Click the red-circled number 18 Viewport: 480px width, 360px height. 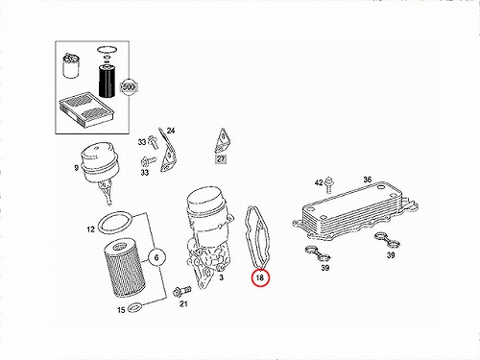click(x=260, y=277)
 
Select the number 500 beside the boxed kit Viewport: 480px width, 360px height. click(x=129, y=87)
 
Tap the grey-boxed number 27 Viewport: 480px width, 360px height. click(x=221, y=158)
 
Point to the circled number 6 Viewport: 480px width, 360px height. click(x=156, y=257)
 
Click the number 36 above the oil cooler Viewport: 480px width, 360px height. click(x=368, y=180)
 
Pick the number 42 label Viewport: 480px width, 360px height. click(x=319, y=182)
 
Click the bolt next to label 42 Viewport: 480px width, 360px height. click(x=328, y=185)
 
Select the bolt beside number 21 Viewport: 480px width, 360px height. click(x=181, y=291)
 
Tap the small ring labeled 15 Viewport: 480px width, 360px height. click(x=134, y=307)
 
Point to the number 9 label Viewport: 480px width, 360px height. click(x=76, y=168)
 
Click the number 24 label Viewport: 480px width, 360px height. click(x=171, y=131)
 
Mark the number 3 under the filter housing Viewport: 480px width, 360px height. click(x=222, y=277)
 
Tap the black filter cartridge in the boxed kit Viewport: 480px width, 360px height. click(x=106, y=80)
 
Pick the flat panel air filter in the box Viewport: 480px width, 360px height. click(x=86, y=107)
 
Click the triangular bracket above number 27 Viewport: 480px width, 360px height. click(x=223, y=141)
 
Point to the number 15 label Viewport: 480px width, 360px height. click(x=121, y=310)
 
